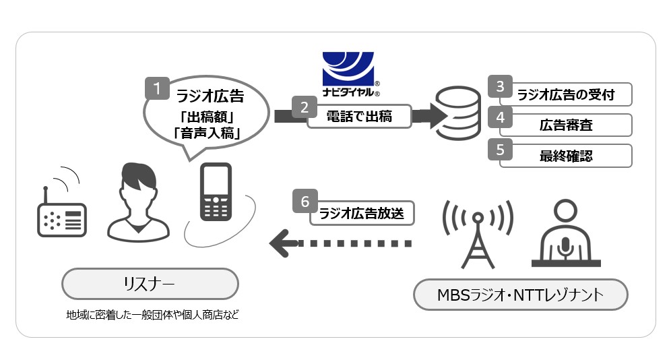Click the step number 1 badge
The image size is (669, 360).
157,89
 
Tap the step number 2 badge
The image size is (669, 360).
305,107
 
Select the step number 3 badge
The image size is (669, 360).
500,86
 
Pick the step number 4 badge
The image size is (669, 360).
500,117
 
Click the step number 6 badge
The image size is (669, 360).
305,201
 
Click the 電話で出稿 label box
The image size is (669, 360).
359,116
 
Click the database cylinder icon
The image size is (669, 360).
453,113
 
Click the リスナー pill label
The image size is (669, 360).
150,284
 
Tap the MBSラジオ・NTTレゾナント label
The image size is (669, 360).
521,295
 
